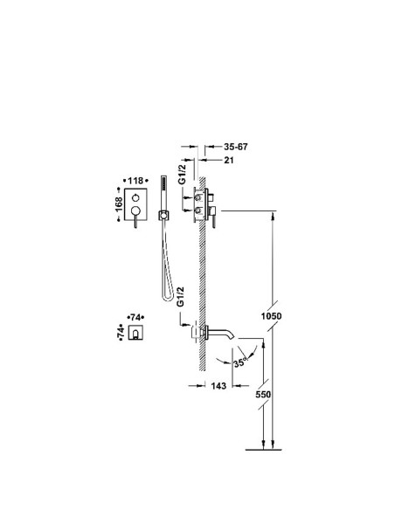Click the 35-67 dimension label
pos(236,147)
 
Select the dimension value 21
pos(229,160)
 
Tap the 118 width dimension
pos(135,181)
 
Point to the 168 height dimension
pos(120,204)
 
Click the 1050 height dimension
pos(272,316)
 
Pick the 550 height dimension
pos(263,394)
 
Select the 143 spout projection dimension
pos(218,386)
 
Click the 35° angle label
pos(240,362)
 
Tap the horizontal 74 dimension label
pos(135,317)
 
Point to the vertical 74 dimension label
pos(121,333)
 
